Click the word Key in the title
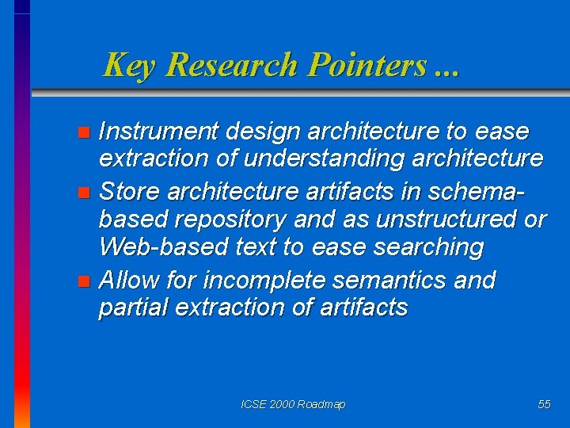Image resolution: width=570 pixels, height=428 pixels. (x=128, y=65)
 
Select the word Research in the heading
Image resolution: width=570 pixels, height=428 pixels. (x=232, y=65)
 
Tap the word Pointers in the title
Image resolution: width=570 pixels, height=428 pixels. (x=367, y=65)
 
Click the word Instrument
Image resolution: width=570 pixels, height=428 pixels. (x=156, y=131)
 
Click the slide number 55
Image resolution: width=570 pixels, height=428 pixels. (x=544, y=404)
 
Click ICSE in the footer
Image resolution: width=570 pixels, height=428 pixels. (x=253, y=404)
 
